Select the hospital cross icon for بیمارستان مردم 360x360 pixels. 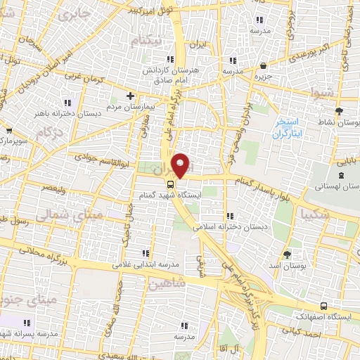pyautogui.click(x=129, y=96)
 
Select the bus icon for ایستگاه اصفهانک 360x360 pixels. pyautogui.click(x=323, y=306)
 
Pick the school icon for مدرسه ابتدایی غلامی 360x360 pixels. pyautogui.click(x=146, y=253)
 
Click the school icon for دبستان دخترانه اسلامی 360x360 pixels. pyautogui.click(x=228, y=197)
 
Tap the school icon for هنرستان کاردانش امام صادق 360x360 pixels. pyautogui.click(x=169, y=60)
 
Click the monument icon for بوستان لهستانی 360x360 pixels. pyautogui.click(x=341, y=175)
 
